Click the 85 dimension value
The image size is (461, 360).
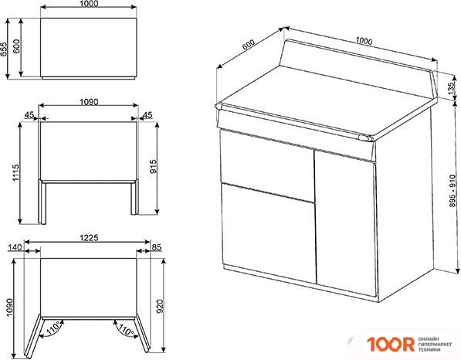tap(158, 247)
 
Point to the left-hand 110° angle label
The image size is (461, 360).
tap(54, 329)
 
